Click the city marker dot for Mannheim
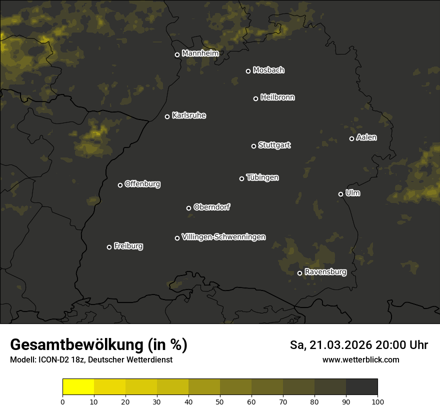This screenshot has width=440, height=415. tap(177, 55)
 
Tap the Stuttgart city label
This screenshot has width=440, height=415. tap(274, 145)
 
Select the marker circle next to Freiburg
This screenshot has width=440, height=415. tap(109, 247)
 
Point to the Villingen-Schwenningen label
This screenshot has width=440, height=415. tap(223, 237)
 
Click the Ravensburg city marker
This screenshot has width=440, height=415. tap(299, 273)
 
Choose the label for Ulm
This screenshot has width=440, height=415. tap(352, 193)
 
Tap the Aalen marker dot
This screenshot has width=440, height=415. tap(351, 138)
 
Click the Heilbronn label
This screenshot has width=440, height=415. tap(277, 97)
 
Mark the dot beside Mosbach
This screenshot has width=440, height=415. tap(248, 71)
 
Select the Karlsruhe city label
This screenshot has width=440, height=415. tap(188, 115)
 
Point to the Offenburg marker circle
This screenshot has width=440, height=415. tap(120, 185)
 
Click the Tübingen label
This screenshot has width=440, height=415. tap(262, 177)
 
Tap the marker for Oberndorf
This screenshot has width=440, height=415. tap(188, 208)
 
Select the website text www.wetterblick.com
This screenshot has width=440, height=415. tap(361, 359)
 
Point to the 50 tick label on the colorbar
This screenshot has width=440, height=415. tap(220, 401)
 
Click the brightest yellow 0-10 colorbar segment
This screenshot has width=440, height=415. tap(78, 387)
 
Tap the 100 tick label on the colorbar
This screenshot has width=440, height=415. tap(377, 401)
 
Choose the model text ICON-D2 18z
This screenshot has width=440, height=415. tap(60, 359)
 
